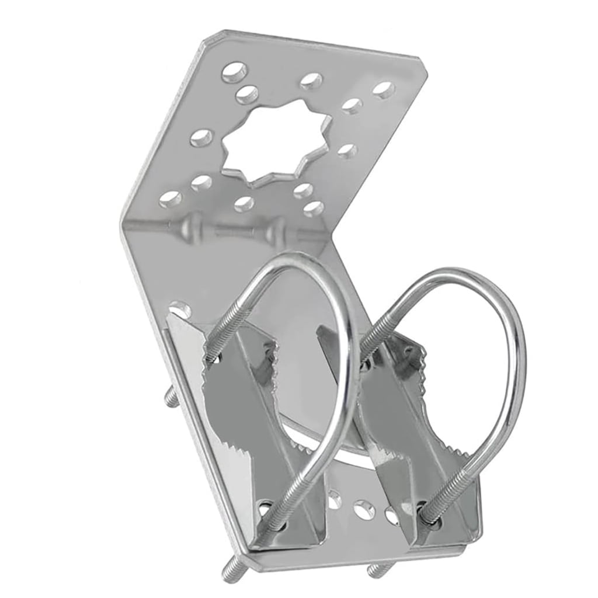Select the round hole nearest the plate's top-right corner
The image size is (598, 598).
click(383, 90)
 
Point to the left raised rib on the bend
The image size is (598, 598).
click(192, 225)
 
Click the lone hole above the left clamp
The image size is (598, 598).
click(180, 308)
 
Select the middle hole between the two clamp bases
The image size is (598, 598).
click(363, 509)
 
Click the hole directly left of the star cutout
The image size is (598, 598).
click(201, 138)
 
